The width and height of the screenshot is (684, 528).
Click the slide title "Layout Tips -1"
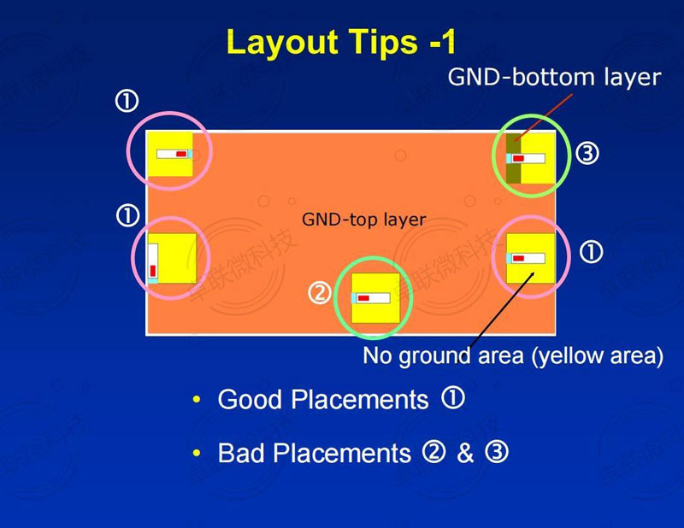341,43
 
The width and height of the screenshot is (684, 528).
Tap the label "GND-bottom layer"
554,77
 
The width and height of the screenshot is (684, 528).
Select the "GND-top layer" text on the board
363,219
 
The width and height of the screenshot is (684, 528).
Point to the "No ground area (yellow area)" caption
513,355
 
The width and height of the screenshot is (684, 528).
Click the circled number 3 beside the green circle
587,154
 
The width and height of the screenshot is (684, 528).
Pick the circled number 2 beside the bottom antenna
320,293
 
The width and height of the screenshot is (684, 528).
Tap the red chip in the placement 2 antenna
363,298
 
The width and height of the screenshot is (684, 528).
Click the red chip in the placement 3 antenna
518,158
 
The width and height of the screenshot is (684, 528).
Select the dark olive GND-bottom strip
514,158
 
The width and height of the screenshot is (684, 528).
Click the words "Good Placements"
323,399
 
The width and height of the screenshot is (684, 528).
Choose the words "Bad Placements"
314,453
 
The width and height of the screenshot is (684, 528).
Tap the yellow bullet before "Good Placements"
197,399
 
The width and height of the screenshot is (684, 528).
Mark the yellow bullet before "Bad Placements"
197,453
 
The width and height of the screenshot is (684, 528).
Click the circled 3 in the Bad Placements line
497,452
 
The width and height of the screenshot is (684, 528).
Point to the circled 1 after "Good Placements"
453,397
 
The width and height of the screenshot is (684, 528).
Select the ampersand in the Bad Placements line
465,453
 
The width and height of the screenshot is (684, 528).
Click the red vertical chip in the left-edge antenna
153,271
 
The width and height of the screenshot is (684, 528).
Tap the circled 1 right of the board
591,252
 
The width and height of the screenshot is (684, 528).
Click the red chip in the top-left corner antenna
181,154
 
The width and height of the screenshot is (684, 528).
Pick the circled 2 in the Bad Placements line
433,452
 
